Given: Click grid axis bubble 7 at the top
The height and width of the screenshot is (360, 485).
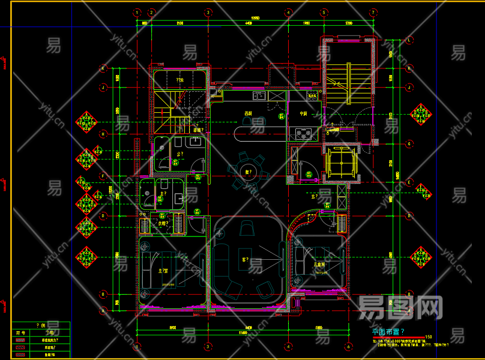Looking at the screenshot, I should point(373,12).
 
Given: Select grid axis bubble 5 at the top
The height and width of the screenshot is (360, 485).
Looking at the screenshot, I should point(324,12).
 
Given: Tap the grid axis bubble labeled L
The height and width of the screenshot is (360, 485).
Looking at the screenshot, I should point(409,40).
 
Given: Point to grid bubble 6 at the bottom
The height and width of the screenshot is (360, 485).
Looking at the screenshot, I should point(348,346).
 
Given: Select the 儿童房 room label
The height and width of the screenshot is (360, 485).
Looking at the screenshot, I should point(319,263).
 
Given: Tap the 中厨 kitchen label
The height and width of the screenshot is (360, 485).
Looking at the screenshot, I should point(304,113).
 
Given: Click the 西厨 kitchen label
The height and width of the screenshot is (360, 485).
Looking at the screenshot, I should point(247,113).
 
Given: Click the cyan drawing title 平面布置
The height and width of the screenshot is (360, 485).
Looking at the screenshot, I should point(388,331).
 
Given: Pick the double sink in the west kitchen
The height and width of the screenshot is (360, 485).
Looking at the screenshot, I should point(259,95).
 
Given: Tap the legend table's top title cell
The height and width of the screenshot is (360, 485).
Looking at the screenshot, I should point(41,325).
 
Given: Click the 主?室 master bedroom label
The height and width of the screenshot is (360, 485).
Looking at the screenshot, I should point(163,271).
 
